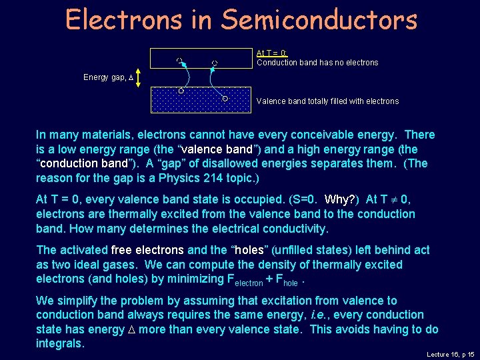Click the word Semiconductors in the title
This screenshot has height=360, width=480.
point(320,19)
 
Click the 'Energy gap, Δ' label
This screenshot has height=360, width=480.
point(109,77)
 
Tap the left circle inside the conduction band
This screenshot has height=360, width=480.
point(179,61)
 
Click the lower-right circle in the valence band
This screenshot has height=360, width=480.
point(225,99)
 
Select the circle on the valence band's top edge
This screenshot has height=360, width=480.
point(181,89)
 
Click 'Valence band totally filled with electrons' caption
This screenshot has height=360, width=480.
point(327,101)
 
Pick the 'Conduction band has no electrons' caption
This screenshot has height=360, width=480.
point(317,63)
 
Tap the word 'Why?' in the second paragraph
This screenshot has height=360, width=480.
point(341,200)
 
